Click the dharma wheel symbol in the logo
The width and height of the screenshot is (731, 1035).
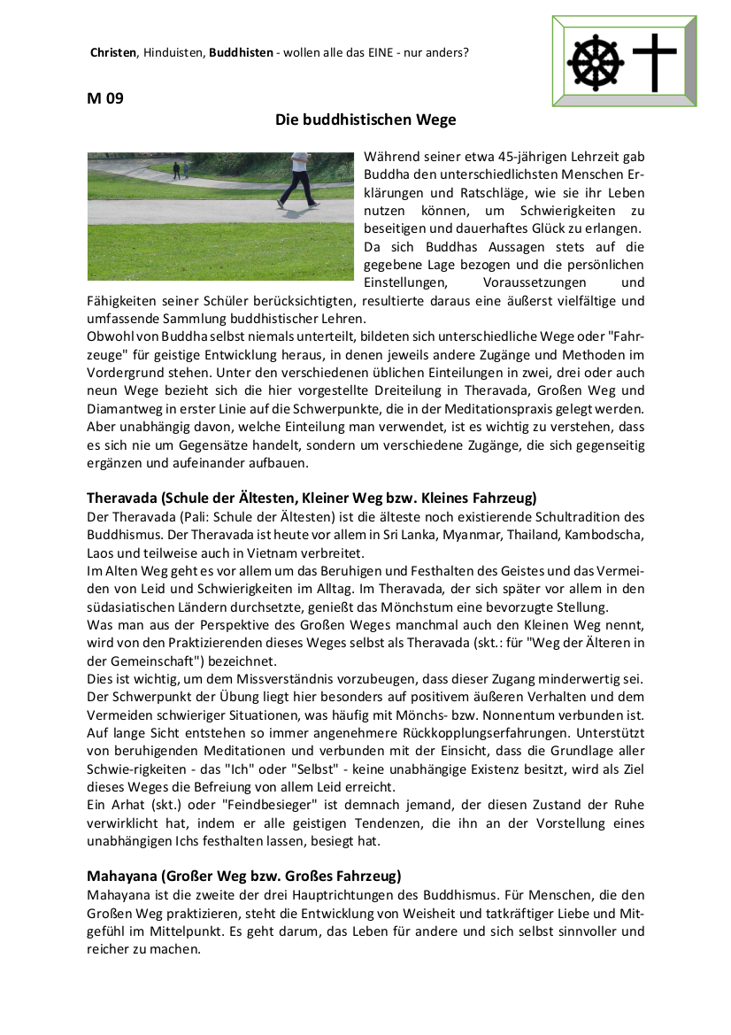[x=596, y=63]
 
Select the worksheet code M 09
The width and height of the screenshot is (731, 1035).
[x=105, y=98]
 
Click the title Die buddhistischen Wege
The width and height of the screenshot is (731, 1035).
[x=365, y=119]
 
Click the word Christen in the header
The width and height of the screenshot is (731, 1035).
[x=113, y=52]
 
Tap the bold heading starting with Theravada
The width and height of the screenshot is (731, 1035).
[x=312, y=498]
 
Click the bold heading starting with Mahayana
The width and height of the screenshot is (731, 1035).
[x=244, y=877]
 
